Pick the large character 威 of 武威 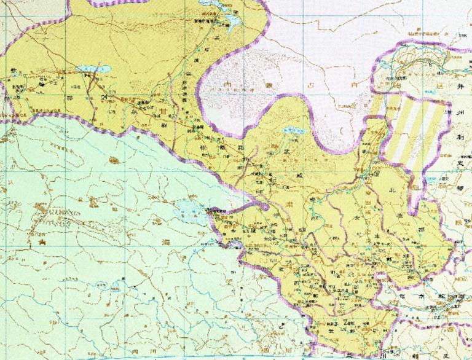point(299,174)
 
